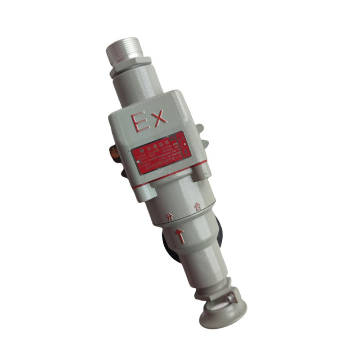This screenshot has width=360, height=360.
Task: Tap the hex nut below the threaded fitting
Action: coord(129,66)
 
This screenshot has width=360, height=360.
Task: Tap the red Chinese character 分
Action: coord(169,217)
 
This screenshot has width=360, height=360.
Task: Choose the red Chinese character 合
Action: coord(197,207)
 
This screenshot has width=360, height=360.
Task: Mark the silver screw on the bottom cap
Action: coord(230,297)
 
